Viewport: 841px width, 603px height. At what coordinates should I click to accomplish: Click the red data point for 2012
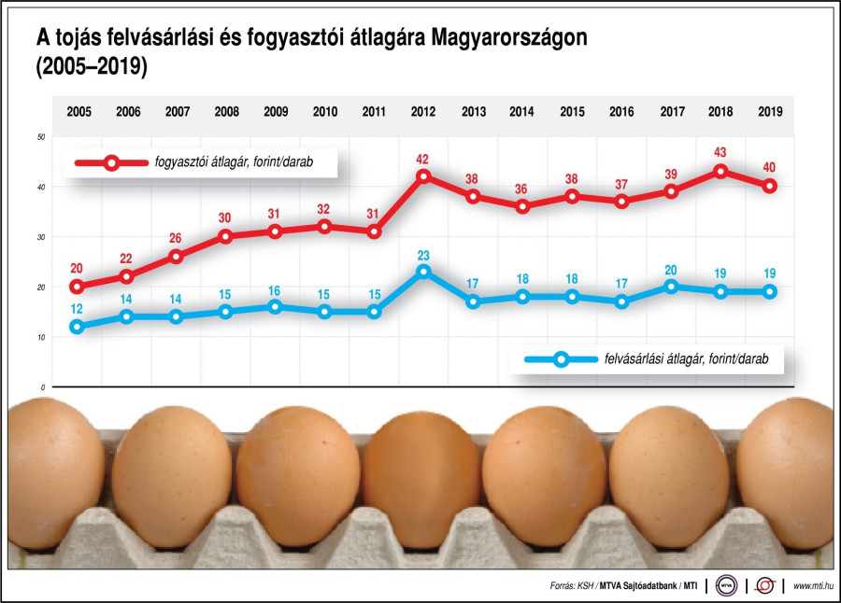pos(423,175)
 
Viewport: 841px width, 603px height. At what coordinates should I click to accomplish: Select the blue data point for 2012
pos(423,272)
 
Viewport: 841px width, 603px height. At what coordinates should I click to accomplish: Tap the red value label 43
pos(720,152)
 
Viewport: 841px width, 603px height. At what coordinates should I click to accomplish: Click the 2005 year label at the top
pos(78,112)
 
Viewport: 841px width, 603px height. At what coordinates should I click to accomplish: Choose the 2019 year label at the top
pos(770,112)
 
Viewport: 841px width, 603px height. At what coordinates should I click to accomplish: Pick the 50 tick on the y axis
pos(41,137)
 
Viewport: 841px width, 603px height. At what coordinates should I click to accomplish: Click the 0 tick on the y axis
pos(43,386)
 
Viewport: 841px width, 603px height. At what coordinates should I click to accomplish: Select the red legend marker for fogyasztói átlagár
pos(111,162)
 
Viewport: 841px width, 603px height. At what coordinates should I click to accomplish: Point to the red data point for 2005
pos(78,287)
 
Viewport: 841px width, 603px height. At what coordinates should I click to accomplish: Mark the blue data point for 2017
pos(671,287)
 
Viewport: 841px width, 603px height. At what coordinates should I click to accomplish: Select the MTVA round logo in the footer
pos(727,585)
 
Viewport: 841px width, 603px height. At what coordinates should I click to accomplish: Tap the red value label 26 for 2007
pos(177,237)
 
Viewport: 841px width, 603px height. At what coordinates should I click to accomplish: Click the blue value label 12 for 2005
pos(78,308)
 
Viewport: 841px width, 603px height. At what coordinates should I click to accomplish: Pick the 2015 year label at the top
pos(572,112)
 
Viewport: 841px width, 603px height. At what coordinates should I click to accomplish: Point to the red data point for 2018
pos(720,171)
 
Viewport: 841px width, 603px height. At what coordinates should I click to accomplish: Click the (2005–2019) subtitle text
pos(93,69)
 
